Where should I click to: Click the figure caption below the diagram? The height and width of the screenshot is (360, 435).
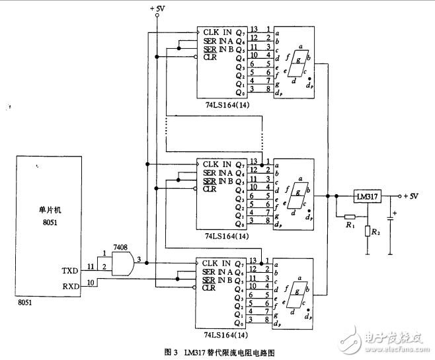(x=218, y=352)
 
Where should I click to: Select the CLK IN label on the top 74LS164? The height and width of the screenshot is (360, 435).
(x=217, y=30)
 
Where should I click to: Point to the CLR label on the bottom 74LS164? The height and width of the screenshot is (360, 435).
(x=210, y=287)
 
